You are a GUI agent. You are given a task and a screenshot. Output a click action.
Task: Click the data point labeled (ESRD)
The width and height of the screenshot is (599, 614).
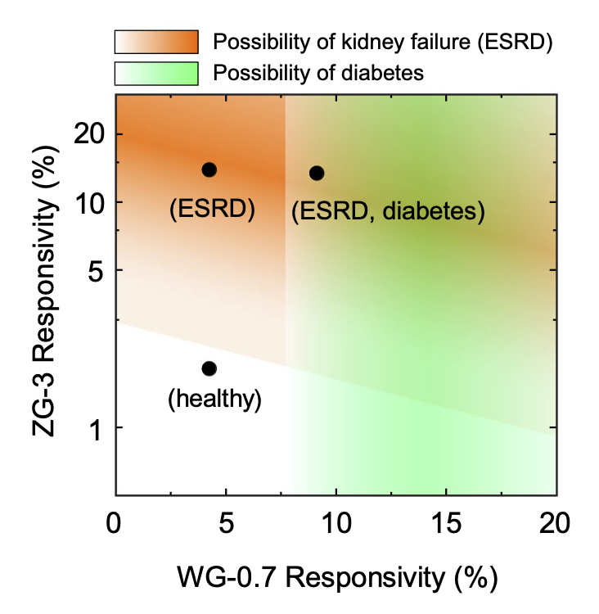tap(209, 169)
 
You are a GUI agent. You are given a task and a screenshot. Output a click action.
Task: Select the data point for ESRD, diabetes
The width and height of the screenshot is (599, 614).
tap(317, 173)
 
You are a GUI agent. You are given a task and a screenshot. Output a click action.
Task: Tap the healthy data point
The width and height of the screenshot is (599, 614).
tap(209, 368)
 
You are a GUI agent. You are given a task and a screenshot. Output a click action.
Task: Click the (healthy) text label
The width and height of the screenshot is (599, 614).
tap(214, 400)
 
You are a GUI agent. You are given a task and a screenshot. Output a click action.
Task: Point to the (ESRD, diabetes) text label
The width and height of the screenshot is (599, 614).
tap(388, 212)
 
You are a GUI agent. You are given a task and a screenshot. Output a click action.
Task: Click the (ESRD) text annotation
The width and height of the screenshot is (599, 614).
tap(213, 210)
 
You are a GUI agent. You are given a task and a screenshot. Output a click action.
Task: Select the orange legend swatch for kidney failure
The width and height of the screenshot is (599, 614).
tap(156, 42)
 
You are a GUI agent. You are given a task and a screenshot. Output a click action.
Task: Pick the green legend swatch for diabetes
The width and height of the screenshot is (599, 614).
tap(156, 73)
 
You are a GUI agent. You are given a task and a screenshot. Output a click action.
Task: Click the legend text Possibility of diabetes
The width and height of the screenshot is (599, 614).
tap(318, 73)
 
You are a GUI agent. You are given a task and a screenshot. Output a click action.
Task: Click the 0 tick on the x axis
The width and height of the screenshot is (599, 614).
tap(115, 521)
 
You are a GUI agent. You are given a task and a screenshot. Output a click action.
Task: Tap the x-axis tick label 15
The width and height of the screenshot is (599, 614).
tap(445, 521)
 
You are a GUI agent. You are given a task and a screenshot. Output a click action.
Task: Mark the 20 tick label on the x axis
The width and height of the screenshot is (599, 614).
tap(556, 521)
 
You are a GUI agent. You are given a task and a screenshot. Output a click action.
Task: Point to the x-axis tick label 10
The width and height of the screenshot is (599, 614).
tap(335, 521)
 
